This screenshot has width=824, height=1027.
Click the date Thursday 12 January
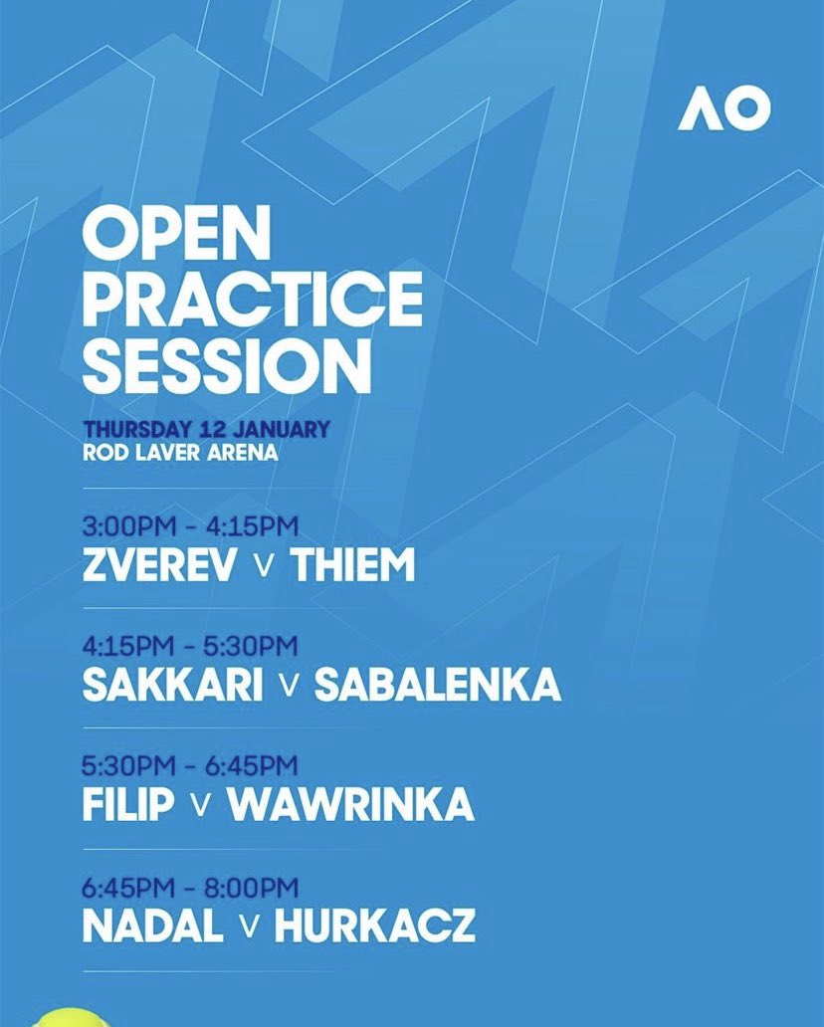tap(206, 430)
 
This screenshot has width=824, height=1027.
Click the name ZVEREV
tap(160, 565)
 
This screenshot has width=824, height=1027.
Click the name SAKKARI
tap(173, 685)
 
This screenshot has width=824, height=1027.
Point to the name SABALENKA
tap(438, 685)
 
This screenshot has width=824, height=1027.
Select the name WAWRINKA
tap(350, 805)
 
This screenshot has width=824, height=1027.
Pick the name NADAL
tap(152, 925)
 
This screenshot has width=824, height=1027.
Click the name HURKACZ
tap(374, 925)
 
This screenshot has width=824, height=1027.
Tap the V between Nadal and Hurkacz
tap(249, 926)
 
